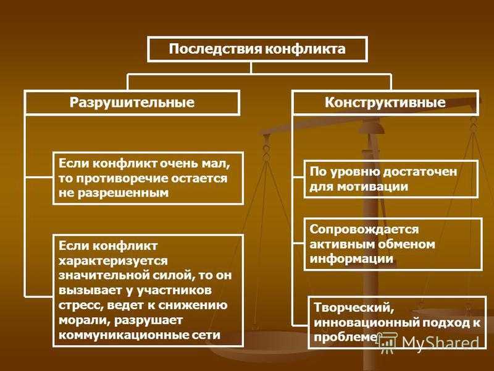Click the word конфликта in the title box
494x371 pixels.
(304, 49)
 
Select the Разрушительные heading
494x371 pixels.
(132, 103)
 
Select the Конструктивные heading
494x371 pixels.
(385, 103)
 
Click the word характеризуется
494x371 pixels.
(114, 261)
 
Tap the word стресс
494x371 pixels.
(81, 305)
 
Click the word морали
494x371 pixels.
(84, 320)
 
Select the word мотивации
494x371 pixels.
(372, 187)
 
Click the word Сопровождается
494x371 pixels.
(364, 229)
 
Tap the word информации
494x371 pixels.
(351, 259)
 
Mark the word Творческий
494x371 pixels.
(354, 307)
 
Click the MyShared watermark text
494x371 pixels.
(440, 343)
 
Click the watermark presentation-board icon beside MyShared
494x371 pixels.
(388, 343)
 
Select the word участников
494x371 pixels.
(174, 291)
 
